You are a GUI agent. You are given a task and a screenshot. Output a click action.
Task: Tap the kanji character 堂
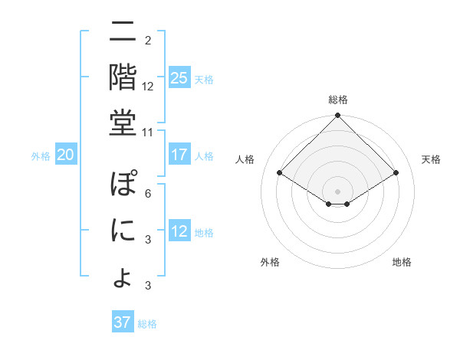click(x=123, y=122)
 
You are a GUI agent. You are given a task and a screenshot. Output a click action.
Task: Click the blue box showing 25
click(x=179, y=78)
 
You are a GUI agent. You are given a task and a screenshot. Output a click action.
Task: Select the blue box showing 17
click(x=179, y=155)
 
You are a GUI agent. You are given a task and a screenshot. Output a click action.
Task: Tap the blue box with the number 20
click(x=65, y=155)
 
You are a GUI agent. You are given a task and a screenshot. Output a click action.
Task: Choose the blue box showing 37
click(x=123, y=322)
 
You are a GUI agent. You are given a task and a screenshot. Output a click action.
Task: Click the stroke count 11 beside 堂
click(x=147, y=132)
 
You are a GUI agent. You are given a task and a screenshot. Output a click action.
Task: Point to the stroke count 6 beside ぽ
click(x=147, y=193)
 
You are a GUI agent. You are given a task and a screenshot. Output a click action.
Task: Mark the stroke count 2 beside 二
click(x=147, y=40)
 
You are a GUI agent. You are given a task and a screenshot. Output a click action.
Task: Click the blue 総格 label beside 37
click(x=147, y=324)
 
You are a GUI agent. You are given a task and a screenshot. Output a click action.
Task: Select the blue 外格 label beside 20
click(x=41, y=156)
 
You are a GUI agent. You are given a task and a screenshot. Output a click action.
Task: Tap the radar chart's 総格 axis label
click(x=337, y=100)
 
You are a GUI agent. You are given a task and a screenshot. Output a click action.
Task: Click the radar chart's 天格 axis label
click(x=431, y=159)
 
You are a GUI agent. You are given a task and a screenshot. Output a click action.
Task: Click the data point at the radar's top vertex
click(x=337, y=116)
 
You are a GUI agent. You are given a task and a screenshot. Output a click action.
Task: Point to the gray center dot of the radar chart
click(x=337, y=191)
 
